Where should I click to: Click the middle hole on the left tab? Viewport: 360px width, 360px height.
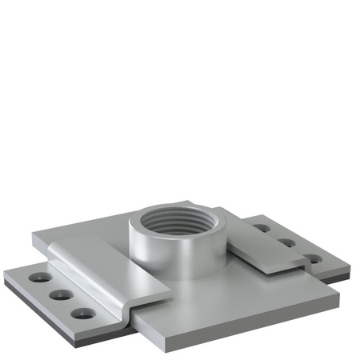(x=58, y=295)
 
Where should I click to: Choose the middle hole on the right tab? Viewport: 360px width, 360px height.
(x=286, y=242)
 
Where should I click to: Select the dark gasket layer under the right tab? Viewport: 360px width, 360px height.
(x=340, y=277)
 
